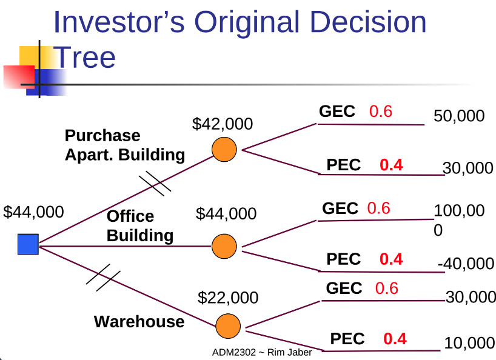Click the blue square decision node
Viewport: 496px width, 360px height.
(28, 244)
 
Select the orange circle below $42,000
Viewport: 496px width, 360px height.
(224, 150)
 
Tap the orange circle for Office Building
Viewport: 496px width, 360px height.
(224, 246)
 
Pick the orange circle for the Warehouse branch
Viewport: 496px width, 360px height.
(228, 326)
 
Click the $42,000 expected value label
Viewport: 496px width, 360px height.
(223, 124)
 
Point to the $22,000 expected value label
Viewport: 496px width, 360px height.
(228, 298)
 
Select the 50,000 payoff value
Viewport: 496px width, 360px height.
(459, 116)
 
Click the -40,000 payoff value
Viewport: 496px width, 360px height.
(466, 263)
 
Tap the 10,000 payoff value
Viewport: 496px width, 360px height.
(469, 343)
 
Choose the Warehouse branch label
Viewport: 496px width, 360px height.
(139, 321)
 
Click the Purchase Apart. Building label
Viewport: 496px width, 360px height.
(125, 145)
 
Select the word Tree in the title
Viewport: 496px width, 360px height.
(84, 57)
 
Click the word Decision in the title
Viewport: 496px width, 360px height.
(369, 22)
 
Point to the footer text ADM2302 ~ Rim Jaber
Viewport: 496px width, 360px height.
(262, 352)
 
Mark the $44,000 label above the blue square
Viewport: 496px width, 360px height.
(33, 212)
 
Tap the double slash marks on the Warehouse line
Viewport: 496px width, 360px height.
(103, 278)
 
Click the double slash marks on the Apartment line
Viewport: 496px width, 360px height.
(155, 184)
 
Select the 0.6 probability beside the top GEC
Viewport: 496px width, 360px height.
(381, 112)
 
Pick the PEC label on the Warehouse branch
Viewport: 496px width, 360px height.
(347, 339)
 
